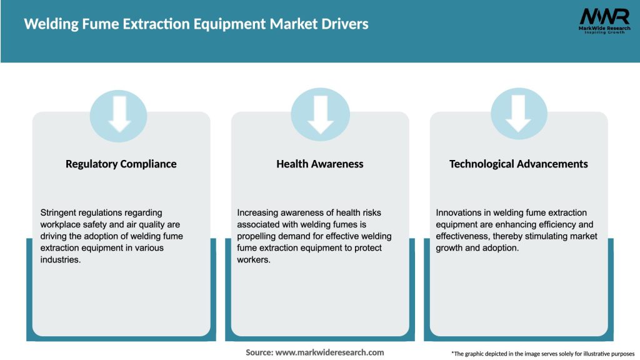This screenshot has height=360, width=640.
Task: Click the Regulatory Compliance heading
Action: tap(121, 164)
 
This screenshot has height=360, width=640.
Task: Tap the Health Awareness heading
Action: tap(320, 164)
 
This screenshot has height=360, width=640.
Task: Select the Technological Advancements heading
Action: tap(519, 164)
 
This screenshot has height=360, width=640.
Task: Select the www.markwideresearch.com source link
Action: tap(329, 352)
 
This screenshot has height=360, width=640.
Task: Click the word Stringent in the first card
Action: tap(59, 213)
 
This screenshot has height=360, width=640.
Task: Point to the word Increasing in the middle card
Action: tap(259, 213)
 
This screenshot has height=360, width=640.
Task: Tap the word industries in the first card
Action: tap(61, 259)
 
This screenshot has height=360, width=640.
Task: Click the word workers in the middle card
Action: tap(252, 259)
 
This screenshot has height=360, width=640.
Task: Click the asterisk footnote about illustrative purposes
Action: tap(542, 354)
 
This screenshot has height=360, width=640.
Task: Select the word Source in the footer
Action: tap(259, 352)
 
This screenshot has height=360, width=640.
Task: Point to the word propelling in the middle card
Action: tap(257, 236)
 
